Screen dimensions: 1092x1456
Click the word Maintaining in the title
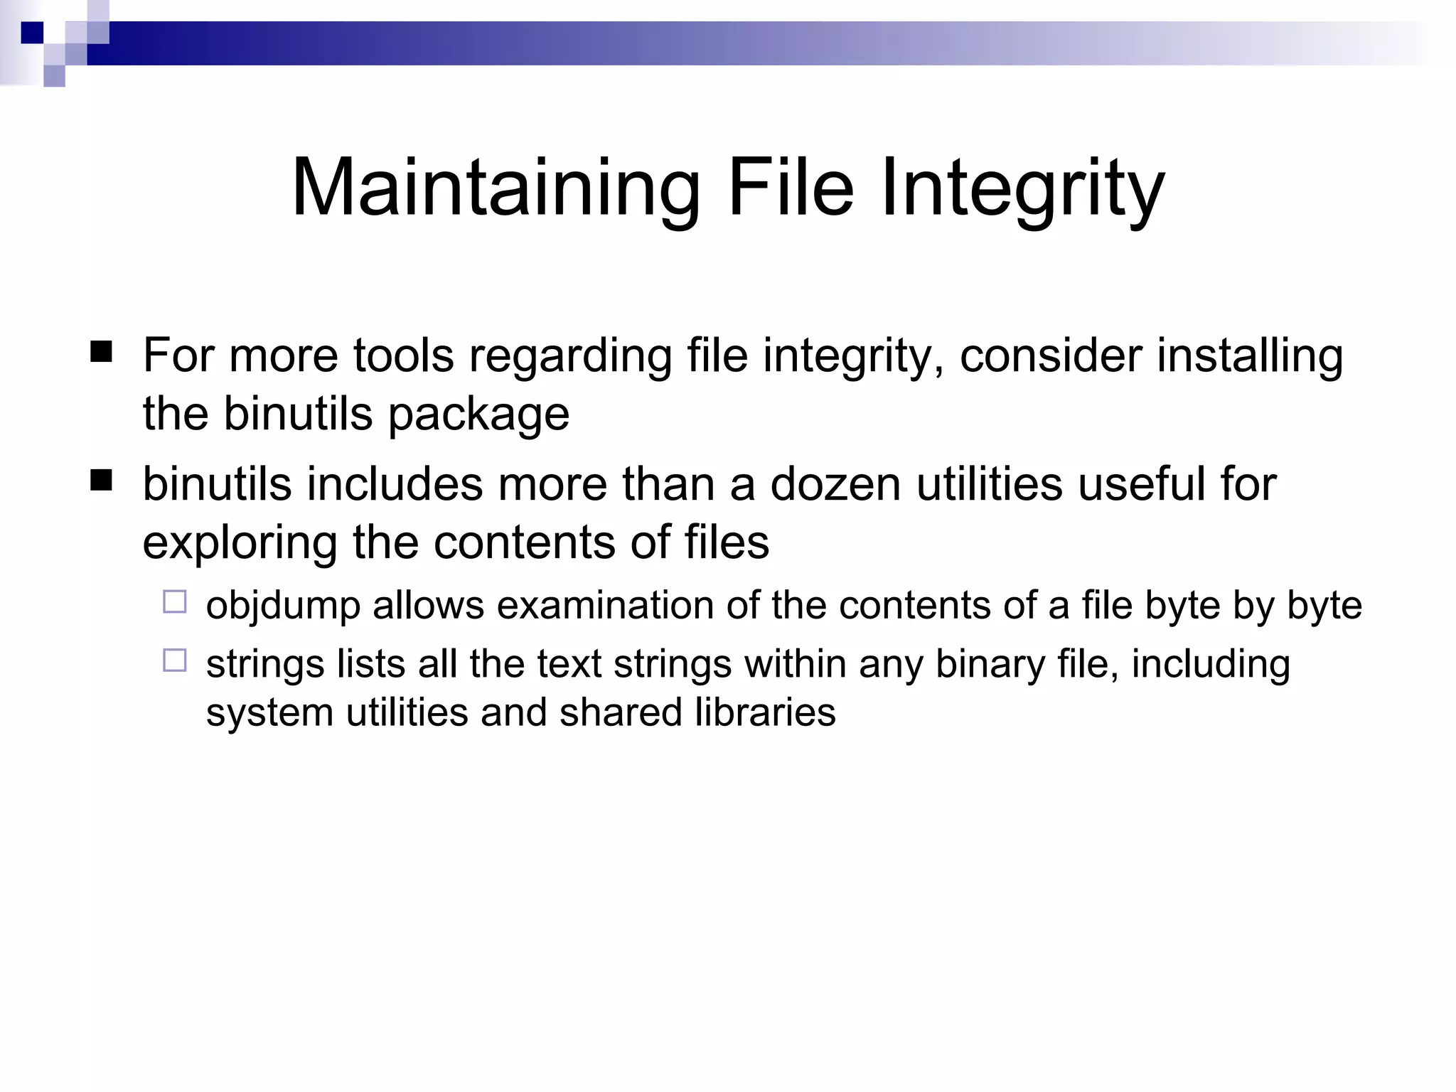tap(496, 188)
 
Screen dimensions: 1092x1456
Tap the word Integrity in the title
tap(1022, 188)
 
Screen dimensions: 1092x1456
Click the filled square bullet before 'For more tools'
tap(102, 352)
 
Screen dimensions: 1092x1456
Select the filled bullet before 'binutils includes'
tap(102, 481)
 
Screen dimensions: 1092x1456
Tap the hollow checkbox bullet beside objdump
tap(175, 602)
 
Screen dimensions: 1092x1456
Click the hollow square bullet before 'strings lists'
tap(175, 660)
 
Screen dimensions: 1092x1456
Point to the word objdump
tap(283, 606)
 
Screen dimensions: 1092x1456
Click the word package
tap(478, 414)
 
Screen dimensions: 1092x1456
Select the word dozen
tap(835, 484)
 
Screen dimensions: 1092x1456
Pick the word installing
tap(1250, 355)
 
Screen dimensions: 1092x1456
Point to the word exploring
tap(240, 544)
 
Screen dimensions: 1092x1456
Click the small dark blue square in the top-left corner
tap(32, 33)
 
